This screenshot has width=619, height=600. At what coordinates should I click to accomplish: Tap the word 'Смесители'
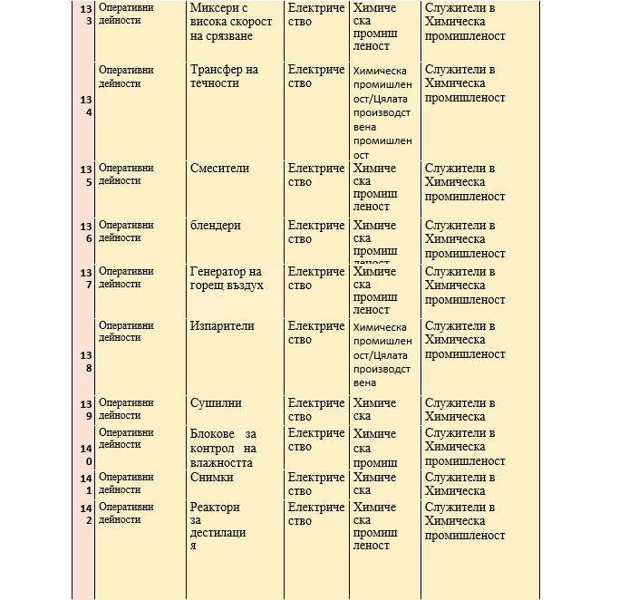point(219,169)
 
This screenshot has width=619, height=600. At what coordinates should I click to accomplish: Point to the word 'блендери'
point(216,226)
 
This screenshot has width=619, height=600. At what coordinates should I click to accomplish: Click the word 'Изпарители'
point(222,326)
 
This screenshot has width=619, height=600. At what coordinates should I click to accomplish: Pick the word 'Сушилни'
point(216,403)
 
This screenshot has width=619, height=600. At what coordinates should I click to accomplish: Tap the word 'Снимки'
point(212,478)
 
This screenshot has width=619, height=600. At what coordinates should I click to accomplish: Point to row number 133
point(85,15)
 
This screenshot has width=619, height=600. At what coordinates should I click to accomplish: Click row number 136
point(85,233)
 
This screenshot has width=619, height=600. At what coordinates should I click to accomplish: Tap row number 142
point(85,515)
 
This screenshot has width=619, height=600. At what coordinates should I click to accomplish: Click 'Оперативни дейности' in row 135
point(126,174)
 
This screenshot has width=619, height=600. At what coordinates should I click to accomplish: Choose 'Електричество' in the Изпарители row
point(316,334)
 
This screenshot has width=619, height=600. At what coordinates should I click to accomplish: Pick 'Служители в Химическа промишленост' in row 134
point(465,83)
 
